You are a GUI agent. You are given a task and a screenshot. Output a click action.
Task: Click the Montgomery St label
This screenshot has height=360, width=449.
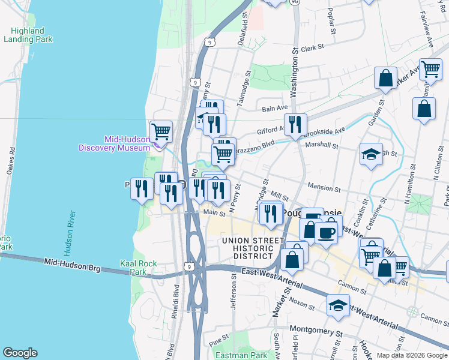click(316, 329)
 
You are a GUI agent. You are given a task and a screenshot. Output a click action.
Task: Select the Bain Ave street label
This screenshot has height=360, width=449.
click(276, 109)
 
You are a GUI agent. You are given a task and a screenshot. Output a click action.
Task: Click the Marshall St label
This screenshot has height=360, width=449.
click(322, 145)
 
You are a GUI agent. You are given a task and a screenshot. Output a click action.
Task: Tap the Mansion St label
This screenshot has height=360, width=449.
click(324, 188)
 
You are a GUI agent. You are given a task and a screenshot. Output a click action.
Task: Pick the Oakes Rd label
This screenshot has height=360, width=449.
click(10, 162)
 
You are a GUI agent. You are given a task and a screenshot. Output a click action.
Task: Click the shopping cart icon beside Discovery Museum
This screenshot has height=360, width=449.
click(160, 131)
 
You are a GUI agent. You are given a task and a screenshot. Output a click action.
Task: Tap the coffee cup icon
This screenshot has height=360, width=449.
click(326, 232)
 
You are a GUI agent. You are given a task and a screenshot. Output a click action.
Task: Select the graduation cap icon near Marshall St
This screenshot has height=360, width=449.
click(371, 154)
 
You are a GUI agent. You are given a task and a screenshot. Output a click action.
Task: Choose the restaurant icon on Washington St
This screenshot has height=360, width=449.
click(295, 124)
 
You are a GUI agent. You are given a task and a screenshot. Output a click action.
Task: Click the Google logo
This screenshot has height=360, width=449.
click(20, 353)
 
